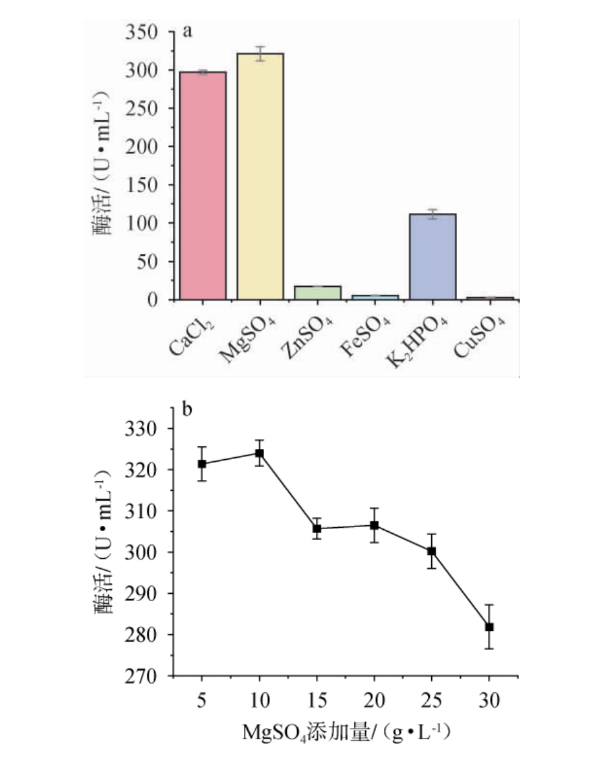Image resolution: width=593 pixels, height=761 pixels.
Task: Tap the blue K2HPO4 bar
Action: coord(432,256)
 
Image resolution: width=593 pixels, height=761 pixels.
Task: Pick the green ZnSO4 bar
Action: coord(317,293)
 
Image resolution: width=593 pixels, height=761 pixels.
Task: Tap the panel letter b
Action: coord(188,409)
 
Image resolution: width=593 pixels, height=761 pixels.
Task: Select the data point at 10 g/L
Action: coord(260,453)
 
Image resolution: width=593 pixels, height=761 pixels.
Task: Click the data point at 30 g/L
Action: coord(489,627)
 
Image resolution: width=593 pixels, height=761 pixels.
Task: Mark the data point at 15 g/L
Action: coord(317,528)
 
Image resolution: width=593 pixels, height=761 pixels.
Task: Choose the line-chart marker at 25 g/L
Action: coord(432,551)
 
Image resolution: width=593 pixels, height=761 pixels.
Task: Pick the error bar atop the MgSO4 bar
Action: coord(260,53)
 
